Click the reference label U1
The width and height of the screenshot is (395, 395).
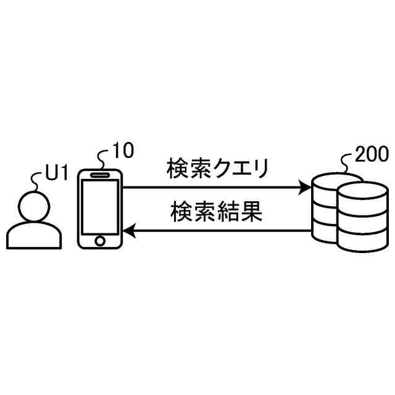point(57,175)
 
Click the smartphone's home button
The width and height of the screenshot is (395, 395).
point(101,239)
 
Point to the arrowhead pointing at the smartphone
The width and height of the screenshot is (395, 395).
point(129,231)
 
